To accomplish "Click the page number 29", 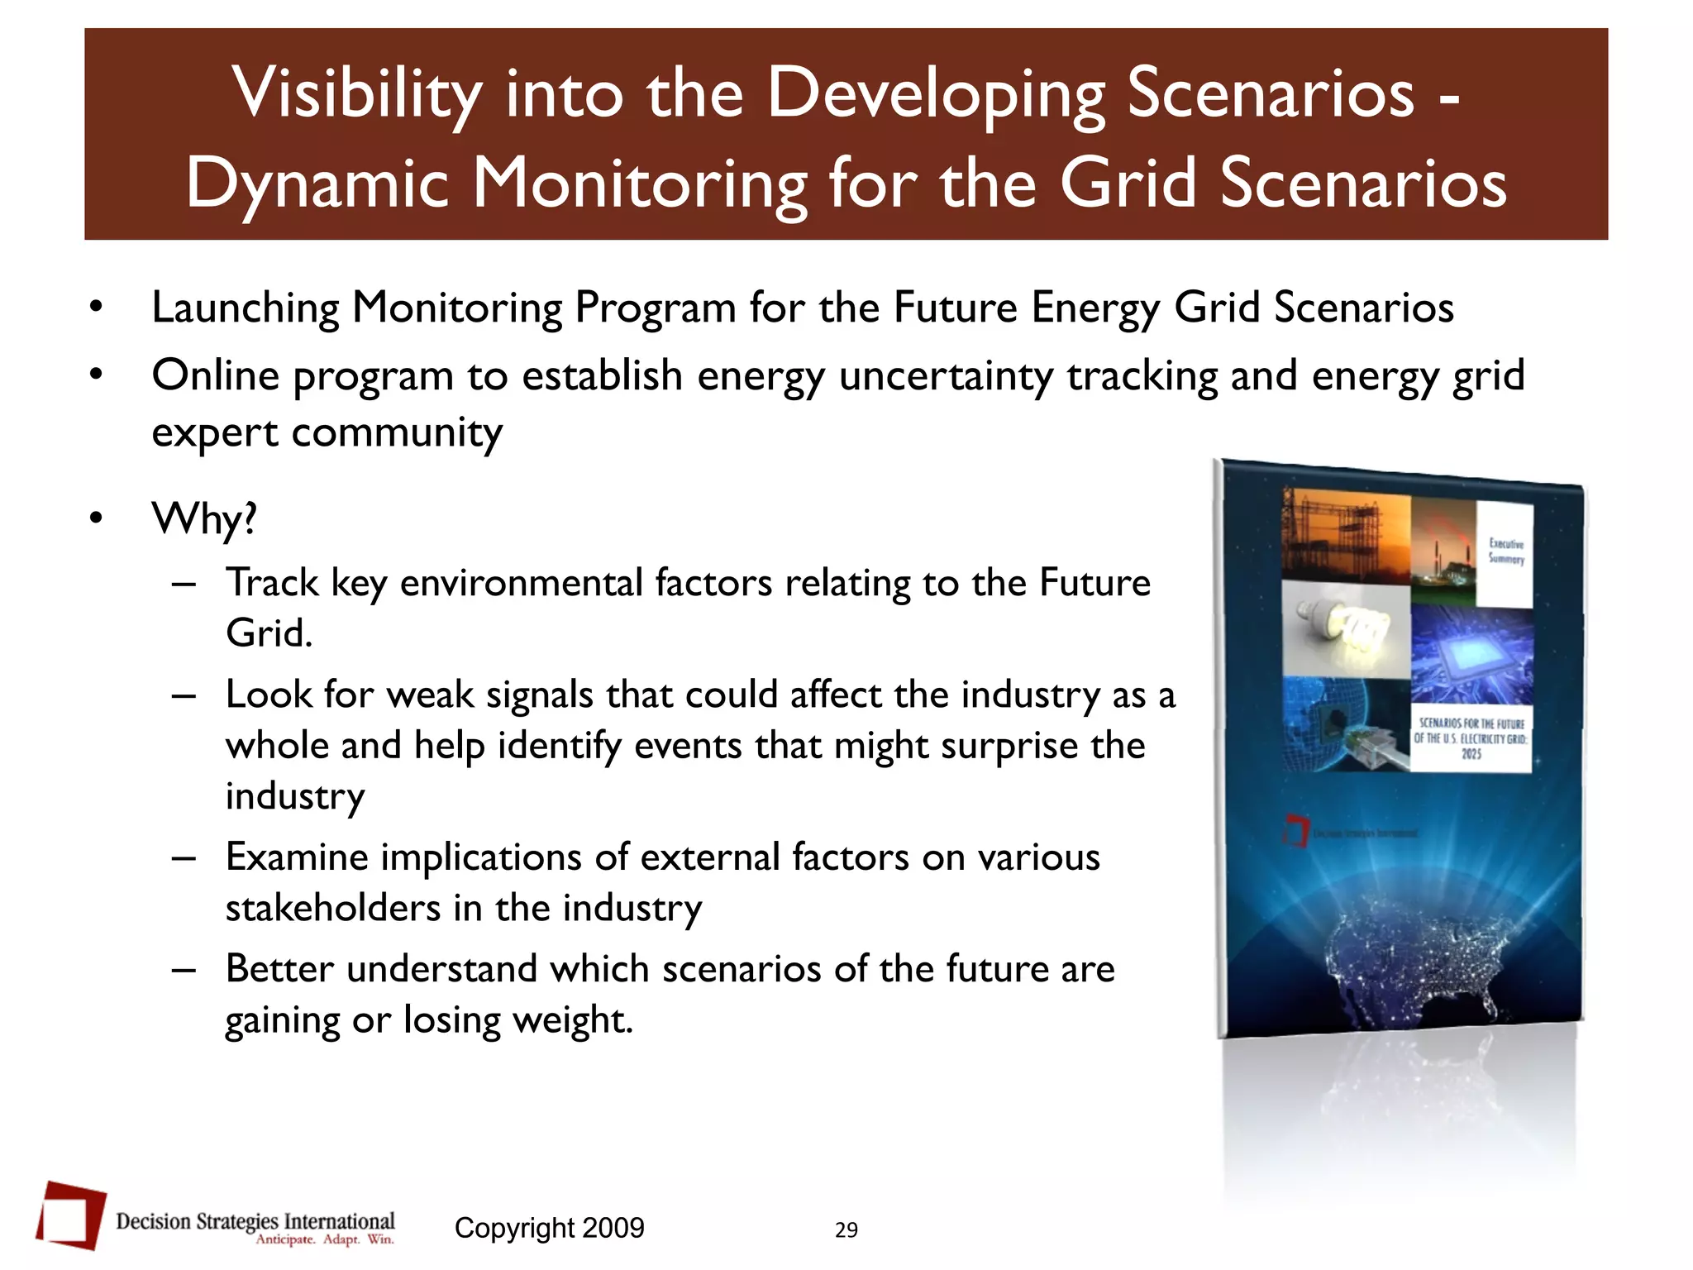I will coord(846,1230).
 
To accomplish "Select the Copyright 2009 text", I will coord(549,1228).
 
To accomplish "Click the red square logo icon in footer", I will coord(71,1214).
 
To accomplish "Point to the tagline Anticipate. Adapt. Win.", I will coord(325,1239).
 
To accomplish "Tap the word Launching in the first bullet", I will coord(245,308).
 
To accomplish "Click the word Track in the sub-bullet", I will coord(271,583).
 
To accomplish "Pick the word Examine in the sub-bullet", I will coord(296,857).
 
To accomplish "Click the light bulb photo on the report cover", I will coord(1346,633).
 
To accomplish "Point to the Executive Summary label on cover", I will coord(1505,551).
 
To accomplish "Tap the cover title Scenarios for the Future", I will coord(1471,738).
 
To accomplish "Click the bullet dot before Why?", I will coord(97,518).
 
